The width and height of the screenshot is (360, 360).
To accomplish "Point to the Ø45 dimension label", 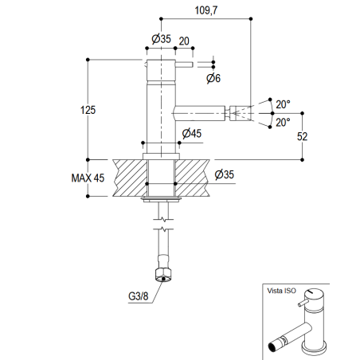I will coord(190,133).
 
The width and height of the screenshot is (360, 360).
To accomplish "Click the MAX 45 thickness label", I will coord(87,178).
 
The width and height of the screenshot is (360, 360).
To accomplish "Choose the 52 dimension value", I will coord(303,136).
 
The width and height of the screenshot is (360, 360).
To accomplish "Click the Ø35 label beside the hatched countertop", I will coord(224,174).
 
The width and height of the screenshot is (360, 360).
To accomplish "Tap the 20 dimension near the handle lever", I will coord(185,41).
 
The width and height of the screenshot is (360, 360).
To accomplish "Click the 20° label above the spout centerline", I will coord(283,104).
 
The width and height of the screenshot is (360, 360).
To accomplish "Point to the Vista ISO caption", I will coord(282,291).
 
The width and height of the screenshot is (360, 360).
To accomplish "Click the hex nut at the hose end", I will coord(164,276).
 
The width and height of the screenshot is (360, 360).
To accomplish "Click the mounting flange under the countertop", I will coord(162,198).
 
